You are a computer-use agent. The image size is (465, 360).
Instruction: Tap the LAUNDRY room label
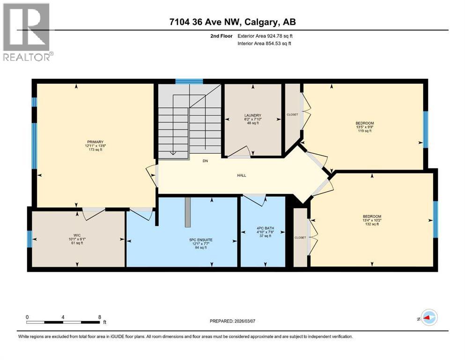pos(252,115)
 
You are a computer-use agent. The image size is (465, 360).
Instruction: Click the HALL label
pos(241,175)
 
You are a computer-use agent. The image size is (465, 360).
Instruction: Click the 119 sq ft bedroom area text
pos(364,131)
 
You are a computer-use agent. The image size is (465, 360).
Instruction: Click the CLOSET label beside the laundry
pos(292,115)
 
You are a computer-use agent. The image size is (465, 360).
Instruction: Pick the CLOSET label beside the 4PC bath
pos(300,238)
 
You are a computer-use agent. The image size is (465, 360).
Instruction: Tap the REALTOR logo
pos(27,33)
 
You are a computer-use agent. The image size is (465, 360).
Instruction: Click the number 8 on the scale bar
pos(99,317)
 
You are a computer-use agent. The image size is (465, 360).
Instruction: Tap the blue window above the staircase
pos(189,82)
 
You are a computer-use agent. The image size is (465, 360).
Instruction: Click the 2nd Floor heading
pos(220,36)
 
